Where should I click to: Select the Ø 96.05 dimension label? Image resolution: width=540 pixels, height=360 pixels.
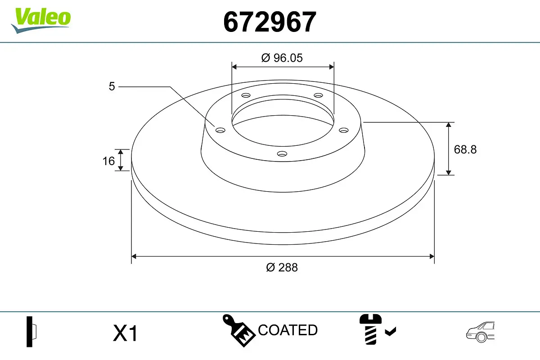point(282,58)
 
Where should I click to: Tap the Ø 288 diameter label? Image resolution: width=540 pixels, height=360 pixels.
point(282,267)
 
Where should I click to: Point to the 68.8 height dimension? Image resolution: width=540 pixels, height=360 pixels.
point(465,149)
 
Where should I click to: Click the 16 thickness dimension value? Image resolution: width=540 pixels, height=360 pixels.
point(108,161)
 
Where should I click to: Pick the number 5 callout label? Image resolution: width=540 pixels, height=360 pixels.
point(112,86)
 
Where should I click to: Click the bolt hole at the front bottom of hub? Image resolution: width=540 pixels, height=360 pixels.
point(282,154)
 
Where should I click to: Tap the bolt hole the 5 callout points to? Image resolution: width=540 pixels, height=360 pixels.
point(220,130)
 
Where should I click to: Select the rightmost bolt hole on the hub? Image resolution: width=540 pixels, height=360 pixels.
point(344,130)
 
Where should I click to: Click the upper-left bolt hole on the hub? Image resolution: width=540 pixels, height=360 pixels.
point(245,95)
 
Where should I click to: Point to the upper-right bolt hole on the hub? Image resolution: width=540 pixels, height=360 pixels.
point(319,95)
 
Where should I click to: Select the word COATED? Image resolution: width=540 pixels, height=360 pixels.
point(288,330)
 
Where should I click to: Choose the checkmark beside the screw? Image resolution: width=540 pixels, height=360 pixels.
point(390,332)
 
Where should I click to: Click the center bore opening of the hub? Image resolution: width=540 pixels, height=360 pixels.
point(283,124)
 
